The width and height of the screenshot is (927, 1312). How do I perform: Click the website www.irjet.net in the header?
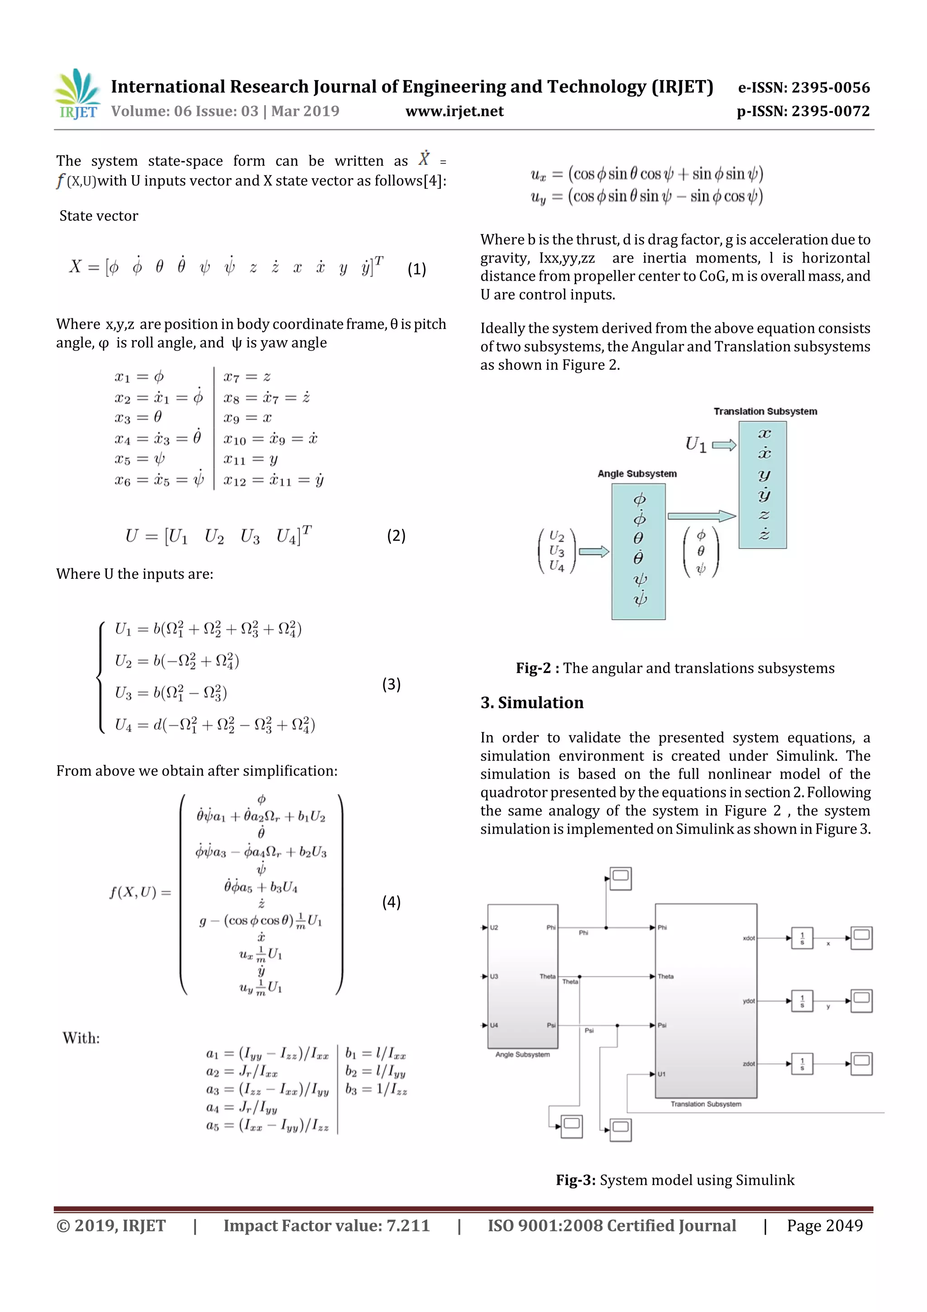454,111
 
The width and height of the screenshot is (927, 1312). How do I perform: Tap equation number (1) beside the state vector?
416,269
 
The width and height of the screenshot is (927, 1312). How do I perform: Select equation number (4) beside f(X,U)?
391,902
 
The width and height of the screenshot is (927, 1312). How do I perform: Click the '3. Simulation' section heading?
532,702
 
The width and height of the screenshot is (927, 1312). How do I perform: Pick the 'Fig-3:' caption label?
576,1180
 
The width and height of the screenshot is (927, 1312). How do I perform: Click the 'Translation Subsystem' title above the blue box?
765,411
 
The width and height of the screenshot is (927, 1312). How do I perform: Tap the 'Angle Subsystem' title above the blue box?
637,474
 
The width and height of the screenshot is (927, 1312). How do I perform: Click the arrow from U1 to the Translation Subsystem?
724,445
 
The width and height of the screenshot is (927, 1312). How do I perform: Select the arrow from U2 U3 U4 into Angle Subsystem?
594,552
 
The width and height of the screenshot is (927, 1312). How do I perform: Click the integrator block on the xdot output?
802,938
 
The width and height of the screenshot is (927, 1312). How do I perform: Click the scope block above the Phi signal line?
620,878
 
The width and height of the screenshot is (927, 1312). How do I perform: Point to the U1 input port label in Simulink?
661,1074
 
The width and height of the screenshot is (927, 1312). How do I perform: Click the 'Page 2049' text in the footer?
824,1225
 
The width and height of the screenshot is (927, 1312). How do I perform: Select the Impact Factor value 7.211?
408,1225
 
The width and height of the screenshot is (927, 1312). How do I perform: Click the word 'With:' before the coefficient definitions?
81,1038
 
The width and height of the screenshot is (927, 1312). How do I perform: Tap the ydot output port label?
748,1001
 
